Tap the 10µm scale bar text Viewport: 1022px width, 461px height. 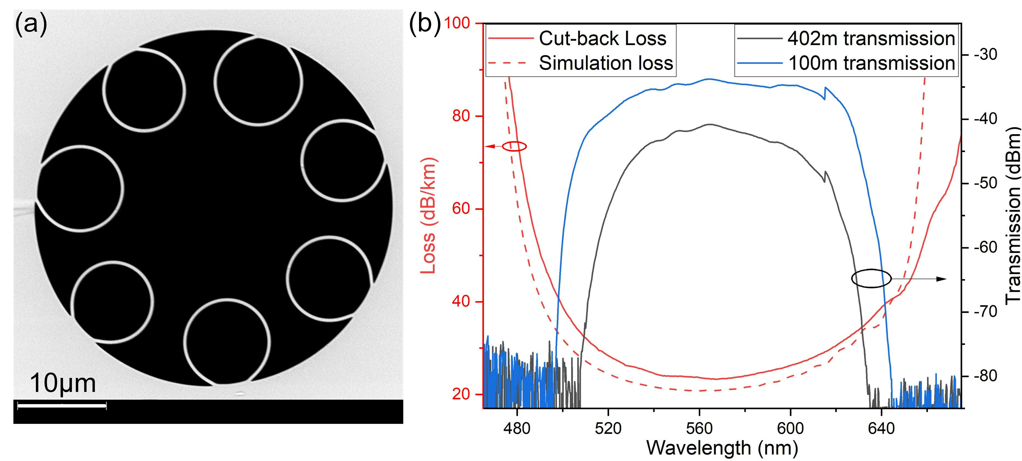[63, 383]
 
